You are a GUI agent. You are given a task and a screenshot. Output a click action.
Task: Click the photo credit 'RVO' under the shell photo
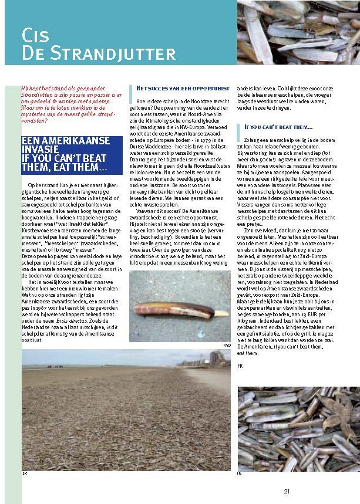point(227,346)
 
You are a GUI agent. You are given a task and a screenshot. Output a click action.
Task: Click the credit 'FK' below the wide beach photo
point(25,473)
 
